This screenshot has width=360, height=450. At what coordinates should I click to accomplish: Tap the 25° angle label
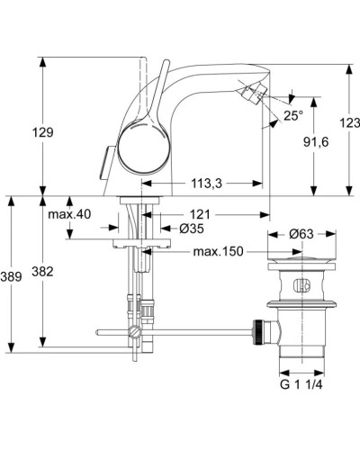[293, 115]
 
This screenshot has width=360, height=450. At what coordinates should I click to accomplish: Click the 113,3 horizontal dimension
[206, 184]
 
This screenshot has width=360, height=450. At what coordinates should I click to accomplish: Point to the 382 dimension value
[55, 271]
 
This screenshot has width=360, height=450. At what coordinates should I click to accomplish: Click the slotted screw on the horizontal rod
[135, 335]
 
